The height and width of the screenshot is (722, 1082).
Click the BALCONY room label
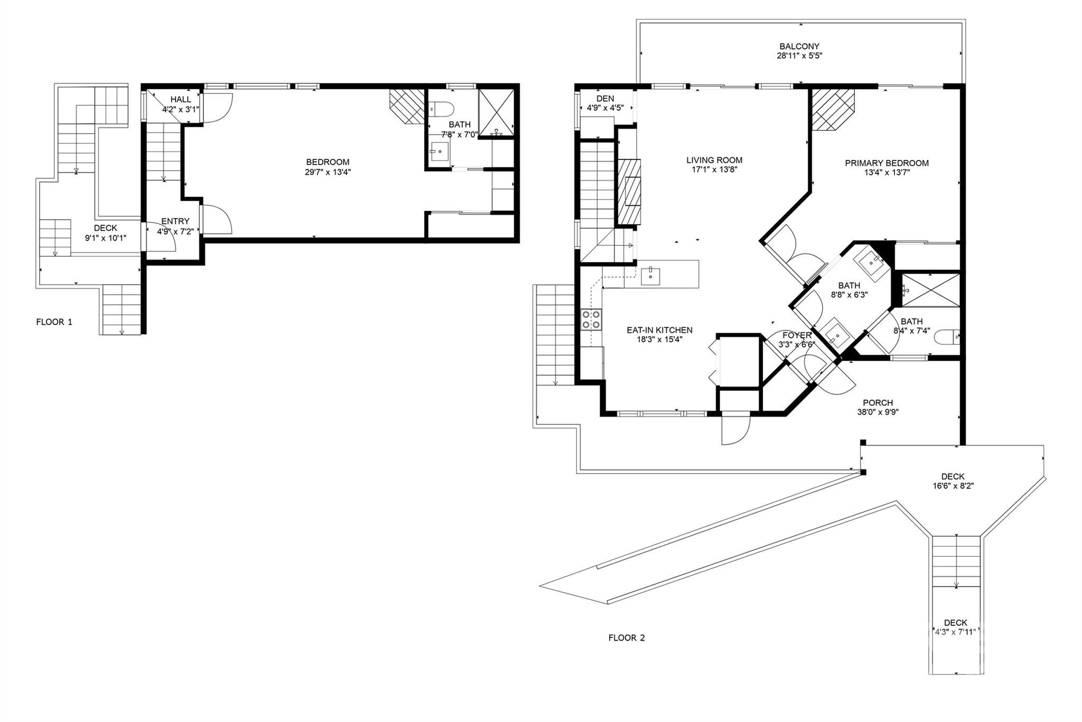799,46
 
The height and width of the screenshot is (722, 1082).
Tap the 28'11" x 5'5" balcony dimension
799,56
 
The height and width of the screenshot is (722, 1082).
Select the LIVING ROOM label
714,160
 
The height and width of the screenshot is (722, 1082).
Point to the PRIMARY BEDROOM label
887,163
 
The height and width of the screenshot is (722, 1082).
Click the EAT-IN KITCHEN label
659,330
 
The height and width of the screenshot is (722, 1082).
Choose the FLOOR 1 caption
54,322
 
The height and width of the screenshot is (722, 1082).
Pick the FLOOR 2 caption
627,637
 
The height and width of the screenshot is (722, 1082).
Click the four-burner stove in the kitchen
592,319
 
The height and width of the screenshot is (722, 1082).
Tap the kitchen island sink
650,276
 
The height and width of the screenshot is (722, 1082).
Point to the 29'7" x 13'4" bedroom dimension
328,172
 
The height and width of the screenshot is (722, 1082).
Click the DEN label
605,99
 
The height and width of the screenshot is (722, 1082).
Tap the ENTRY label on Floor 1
175,221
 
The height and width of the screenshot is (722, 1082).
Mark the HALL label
181,99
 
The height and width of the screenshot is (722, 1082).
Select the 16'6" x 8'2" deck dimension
953,486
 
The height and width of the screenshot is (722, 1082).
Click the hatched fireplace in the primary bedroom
833,109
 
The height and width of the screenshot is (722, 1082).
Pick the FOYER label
797,335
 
